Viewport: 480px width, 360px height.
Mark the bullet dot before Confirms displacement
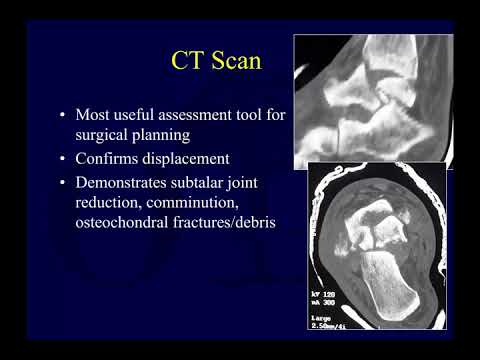click(65, 160)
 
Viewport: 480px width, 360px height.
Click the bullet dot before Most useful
click(65, 116)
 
